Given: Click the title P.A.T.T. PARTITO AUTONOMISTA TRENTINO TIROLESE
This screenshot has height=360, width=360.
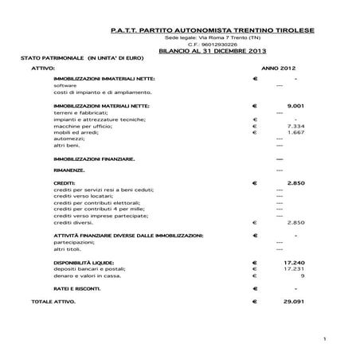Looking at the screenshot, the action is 213,30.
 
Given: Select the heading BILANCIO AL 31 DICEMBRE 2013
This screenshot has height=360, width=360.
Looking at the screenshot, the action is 213,50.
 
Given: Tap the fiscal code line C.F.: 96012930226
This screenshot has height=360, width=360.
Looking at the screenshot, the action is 213,44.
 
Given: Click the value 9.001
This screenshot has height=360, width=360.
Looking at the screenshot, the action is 295,105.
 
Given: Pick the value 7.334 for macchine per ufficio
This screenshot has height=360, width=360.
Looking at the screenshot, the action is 295,126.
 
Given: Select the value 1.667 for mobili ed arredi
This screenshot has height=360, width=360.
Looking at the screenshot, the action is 295,132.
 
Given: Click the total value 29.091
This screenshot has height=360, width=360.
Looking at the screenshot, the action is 295,303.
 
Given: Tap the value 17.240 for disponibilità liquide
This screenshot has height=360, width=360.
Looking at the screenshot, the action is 295,262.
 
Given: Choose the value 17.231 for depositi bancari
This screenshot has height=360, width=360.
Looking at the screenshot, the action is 295,268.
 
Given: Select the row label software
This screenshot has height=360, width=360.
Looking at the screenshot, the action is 65,85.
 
